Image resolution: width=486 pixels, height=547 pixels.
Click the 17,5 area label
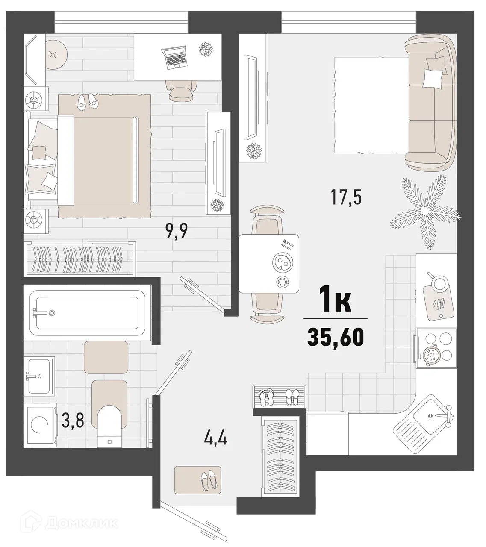(x=346, y=197)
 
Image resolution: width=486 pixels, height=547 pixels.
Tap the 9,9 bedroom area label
(x=177, y=232)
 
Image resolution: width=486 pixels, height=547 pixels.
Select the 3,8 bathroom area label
(x=73, y=421)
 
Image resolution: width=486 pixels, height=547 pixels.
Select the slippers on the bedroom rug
(x=87, y=101)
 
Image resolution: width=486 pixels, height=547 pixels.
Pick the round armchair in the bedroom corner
(x=53, y=54)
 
